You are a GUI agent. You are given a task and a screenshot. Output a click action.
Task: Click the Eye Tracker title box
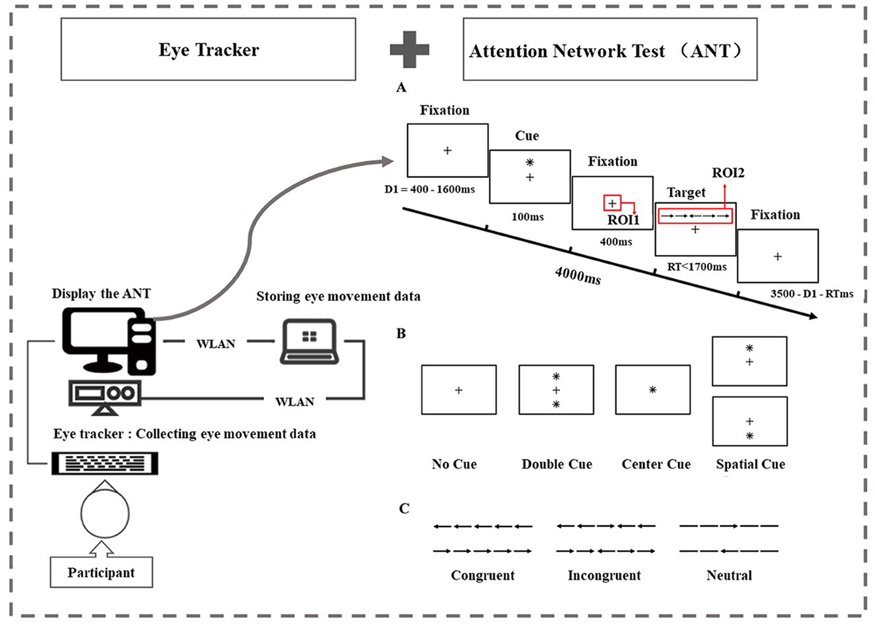click(209, 50)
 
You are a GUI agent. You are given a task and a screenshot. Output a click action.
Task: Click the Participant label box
click(101, 572)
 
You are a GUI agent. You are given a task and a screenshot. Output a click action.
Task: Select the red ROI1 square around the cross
click(612, 204)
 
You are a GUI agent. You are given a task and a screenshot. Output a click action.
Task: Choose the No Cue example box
click(458, 391)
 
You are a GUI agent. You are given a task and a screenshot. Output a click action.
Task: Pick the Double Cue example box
click(556, 391)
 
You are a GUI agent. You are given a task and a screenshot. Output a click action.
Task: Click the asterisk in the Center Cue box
click(653, 390)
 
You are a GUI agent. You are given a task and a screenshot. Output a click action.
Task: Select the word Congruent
click(483, 575)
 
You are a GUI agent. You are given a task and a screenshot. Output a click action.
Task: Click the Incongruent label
click(604, 575)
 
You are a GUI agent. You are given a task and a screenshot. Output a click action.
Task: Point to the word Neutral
click(728, 575)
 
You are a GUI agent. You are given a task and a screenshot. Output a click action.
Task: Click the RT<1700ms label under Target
click(696, 267)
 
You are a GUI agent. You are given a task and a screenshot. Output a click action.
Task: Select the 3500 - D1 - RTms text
click(812, 294)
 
